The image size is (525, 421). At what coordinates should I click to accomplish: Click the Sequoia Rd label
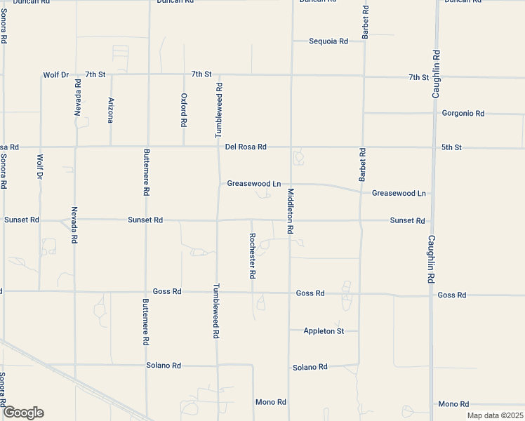pos(328,41)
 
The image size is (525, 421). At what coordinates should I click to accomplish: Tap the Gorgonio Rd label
pos(463,113)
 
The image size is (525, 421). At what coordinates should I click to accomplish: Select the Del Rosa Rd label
pos(246,147)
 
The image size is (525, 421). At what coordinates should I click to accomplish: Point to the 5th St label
pos(451,147)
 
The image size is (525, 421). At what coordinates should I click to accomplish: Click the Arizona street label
pos(111,110)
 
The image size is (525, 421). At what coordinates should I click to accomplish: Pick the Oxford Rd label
pos(184,109)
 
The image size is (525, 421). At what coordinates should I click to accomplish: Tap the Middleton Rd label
pos(290,211)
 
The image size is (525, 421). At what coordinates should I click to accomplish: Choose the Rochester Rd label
pos(252,255)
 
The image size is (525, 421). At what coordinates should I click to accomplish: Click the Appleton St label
pos(324,330)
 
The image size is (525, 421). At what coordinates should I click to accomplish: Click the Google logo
pos(22,413)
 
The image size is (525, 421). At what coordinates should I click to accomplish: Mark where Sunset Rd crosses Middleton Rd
pos(290,220)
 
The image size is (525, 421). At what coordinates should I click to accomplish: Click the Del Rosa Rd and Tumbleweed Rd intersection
pos(218,147)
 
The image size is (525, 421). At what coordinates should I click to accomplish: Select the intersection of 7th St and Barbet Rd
pos(364,75)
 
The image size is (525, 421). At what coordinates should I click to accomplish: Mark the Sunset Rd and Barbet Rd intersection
pos(361,220)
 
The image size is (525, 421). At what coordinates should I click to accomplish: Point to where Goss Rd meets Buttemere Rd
pos(146,291)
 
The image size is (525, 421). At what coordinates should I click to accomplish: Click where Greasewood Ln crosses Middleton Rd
pos(291,184)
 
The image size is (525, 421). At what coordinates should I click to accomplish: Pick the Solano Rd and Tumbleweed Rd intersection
pos(218,366)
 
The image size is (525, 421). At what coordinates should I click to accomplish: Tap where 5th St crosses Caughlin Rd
pos(434,147)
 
